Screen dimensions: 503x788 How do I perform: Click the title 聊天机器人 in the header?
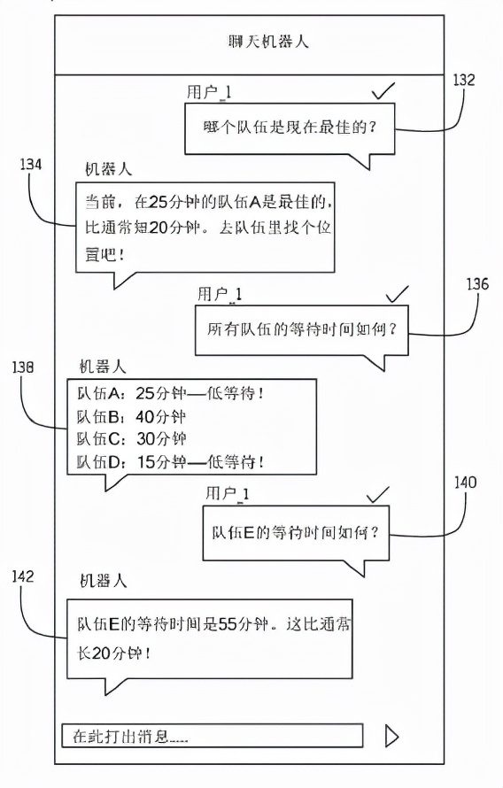267,42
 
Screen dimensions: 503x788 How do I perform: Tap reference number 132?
463,80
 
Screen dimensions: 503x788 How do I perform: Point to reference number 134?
31,165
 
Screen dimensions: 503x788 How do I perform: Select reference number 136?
476,284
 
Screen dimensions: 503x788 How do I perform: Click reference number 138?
23,367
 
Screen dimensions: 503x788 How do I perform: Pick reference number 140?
465,483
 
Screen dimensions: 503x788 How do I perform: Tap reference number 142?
23,576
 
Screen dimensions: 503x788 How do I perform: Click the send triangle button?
391,736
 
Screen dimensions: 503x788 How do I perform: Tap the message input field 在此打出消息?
212,736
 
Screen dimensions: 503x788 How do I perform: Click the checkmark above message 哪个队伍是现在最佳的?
383,91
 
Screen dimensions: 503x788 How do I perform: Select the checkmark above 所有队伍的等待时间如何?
397,294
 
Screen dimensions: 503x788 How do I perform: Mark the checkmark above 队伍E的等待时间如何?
378,494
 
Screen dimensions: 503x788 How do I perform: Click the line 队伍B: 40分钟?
131,417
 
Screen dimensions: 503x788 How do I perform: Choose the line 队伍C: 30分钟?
131,439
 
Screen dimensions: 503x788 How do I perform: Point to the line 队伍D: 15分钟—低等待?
170,461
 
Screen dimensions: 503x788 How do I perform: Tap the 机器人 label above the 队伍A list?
103,367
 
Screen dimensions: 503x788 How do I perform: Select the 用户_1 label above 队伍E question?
227,493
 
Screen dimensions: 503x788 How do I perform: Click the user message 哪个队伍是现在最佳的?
290,127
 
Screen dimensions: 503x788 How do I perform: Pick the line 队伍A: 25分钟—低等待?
170,393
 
